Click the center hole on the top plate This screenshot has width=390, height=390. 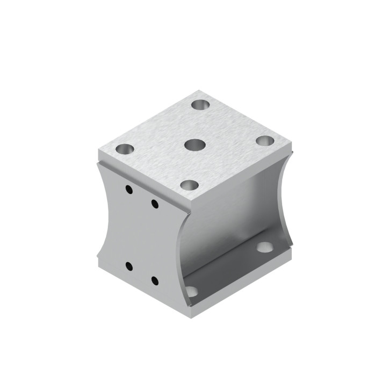194,145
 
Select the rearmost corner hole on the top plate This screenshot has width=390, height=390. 202,104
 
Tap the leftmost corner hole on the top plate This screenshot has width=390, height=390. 125,148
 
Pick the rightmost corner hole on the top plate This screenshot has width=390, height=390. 264,141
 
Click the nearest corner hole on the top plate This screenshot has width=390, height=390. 189,185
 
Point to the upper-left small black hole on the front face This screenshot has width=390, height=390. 128,189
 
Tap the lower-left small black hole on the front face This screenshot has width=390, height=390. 129,265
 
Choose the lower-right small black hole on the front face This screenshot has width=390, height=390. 155,280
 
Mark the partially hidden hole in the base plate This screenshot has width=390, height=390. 192,292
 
